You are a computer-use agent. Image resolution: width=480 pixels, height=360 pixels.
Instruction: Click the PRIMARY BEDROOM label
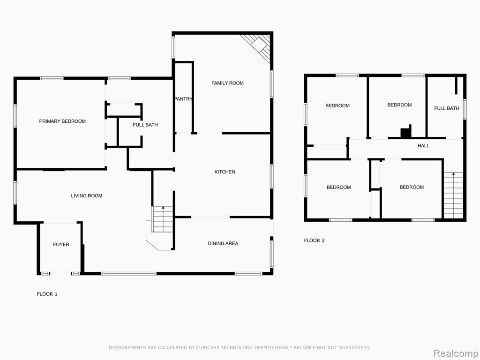[x=62, y=121]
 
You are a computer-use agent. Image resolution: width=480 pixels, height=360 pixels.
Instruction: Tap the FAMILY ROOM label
[x=227, y=83]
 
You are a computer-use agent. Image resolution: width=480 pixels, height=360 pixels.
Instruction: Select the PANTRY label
[x=183, y=99]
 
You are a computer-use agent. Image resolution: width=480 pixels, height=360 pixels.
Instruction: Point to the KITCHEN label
[x=225, y=172]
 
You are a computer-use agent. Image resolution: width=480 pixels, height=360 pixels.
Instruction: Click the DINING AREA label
[x=223, y=243]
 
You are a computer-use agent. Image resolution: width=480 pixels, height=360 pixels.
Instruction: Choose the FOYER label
[x=61, y=244]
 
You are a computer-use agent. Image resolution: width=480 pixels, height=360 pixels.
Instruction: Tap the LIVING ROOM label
[x=87, y=195]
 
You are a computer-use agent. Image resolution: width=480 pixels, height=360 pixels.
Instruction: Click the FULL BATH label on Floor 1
[x=145, y=125]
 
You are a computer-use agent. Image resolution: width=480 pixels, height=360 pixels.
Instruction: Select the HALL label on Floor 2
[x=423, y=146]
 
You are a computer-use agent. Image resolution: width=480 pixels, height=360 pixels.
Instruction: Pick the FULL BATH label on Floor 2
[x=447, y=108]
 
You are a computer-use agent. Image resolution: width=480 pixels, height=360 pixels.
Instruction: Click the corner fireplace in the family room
[x=259, y=46]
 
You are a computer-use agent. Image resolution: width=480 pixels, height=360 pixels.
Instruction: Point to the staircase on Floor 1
[x=163, y=219]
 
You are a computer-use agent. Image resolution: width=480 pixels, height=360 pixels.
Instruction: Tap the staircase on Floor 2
[x=453, y=195]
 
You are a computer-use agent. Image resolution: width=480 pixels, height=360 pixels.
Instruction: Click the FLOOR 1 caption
[x=47, y=294]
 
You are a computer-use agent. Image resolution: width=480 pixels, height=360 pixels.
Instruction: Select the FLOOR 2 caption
[x=314, y=240]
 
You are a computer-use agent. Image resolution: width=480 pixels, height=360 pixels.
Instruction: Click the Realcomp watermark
[x=455, y=353]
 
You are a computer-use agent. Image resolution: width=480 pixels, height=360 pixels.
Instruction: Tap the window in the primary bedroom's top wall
[x=52, y=78]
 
